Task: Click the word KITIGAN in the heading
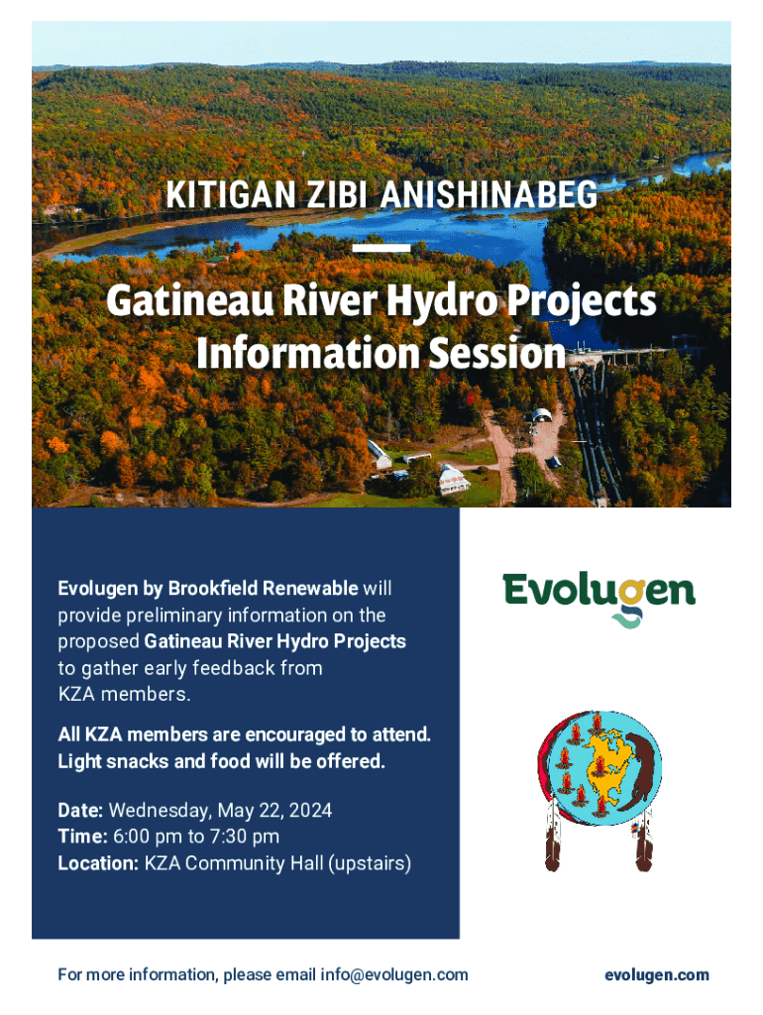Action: [231, 194]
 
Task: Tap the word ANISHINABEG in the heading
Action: [489, 194]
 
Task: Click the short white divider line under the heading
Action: [381, 248]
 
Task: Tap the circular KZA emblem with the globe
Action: [599, 768]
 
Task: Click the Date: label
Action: [80, 811]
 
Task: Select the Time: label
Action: [83, 837]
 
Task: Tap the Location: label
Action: [98, 863]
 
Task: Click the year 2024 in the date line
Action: [310, 811]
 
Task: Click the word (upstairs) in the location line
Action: [370, 863]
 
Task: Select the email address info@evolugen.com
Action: [394, 975]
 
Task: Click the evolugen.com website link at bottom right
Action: [657, 975]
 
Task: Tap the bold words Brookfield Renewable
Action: [263, 588]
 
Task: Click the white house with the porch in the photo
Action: [453, 480]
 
